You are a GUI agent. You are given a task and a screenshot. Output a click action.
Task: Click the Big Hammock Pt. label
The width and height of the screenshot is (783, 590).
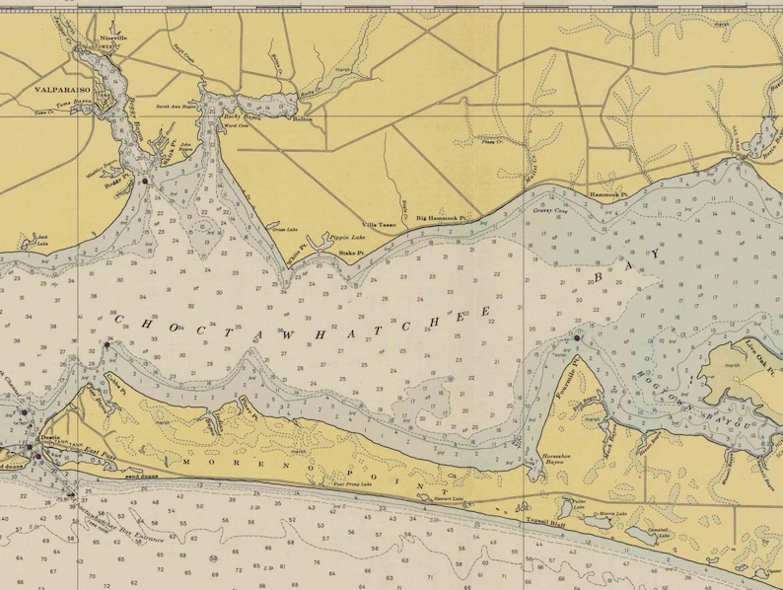pos(440,216)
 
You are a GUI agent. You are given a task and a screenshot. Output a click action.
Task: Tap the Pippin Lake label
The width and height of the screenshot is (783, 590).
pos(346,238)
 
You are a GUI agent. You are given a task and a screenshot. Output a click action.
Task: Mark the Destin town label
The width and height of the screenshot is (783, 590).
pos(50,435)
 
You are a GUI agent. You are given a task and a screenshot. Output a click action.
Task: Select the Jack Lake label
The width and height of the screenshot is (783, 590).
pos(41,238)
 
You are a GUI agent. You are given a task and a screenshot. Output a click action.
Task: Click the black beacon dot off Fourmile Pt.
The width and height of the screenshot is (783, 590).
pos(576,338)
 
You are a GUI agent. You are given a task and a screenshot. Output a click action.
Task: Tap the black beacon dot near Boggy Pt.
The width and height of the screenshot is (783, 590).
pos(144,182)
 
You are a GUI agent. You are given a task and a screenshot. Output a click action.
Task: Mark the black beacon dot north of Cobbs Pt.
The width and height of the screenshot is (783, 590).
pos(107,344)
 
